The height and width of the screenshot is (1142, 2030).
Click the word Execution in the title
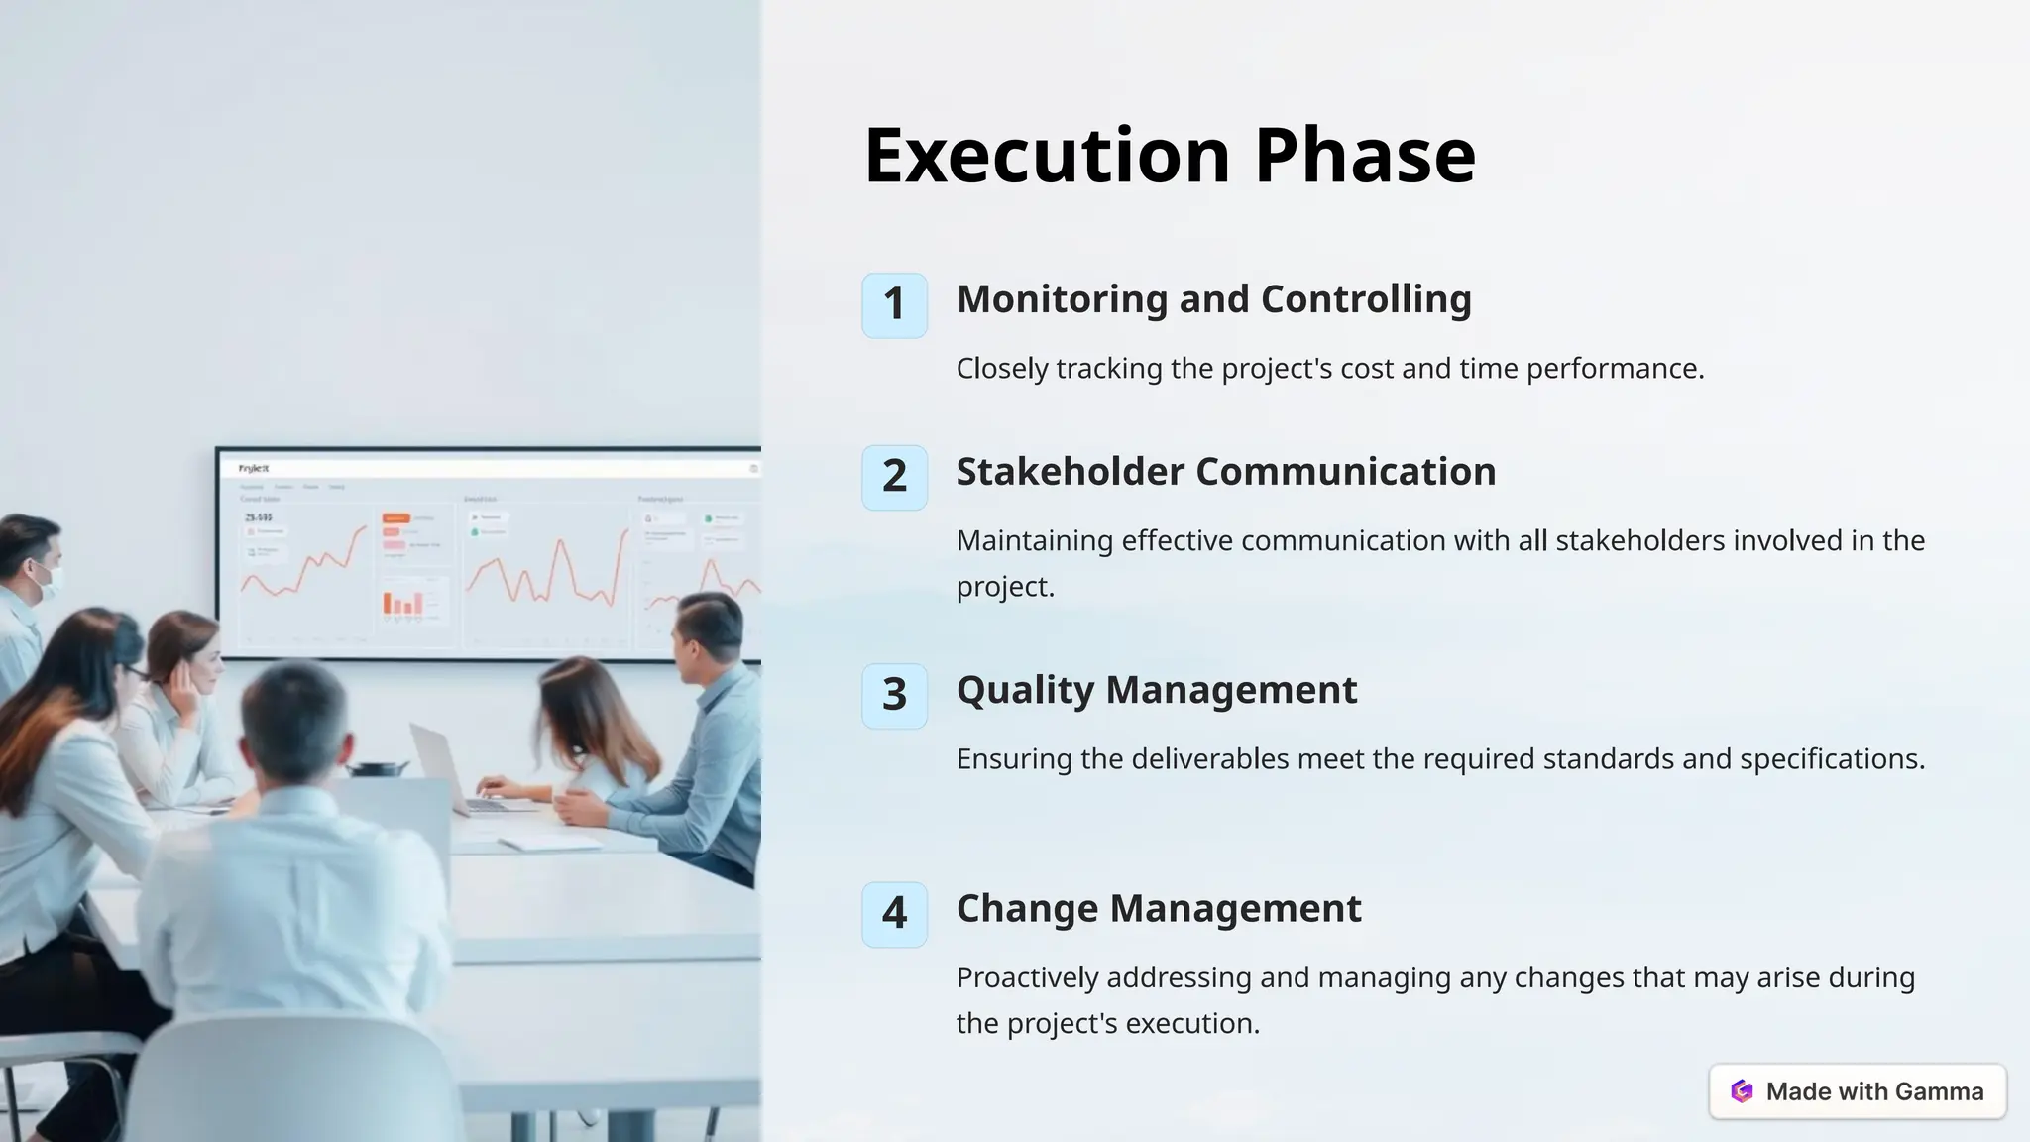tap(1047, 156)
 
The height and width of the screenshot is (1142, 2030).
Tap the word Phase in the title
tap(1365, 156)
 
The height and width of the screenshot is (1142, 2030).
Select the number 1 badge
tap(894, 305)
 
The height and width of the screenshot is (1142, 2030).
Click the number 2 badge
tap(894, 477)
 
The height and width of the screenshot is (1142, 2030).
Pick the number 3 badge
tap(894, 695)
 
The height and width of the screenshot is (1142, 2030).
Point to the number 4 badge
tap(894, 914)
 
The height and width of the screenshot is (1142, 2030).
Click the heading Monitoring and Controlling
tap(1213, 299)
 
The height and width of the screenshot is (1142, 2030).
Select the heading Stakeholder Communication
tap(1225, 472)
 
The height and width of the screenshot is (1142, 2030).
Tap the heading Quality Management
tap(1156, 690)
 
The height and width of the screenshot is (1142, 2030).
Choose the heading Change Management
tap(1158, 908)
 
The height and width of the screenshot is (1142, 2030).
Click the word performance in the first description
tap(1614, 369)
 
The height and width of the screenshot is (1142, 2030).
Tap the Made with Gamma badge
tap(1858, 1091)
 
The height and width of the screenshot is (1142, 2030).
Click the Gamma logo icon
tap(1742, 1091)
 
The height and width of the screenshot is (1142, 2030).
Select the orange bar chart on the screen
tap(403, 602)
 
